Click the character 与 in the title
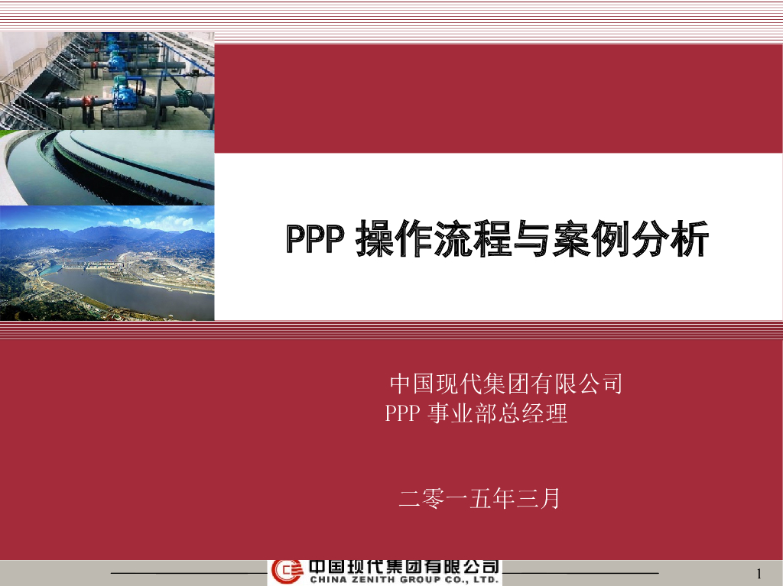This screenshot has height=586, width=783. [532, 240]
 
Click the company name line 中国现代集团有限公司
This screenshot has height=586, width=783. [505, 383]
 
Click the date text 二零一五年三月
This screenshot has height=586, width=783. [479, 499]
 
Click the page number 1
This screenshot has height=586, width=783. [759, 574]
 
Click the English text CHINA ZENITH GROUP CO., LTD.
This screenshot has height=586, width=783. [404, 581]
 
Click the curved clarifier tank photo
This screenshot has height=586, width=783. [107, 167]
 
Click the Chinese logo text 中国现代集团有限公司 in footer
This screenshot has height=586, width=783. [404, 567]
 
